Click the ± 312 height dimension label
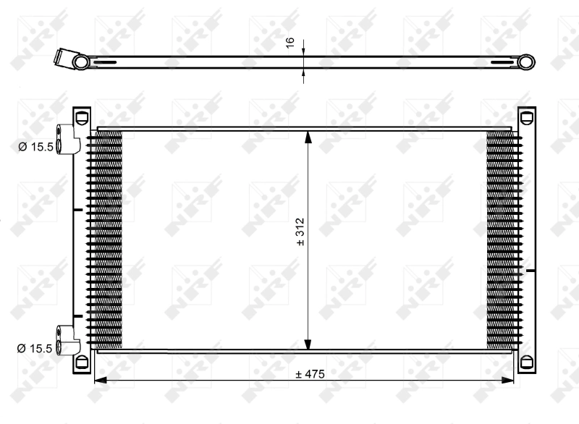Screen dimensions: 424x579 click(x=300, y=232)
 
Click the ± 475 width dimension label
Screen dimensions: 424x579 click(x=310, y=374)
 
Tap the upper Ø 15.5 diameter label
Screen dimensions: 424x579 click(x=35, y=147)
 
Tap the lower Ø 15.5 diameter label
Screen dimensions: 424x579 click(x=35, y=348)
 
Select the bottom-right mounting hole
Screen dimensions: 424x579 click(x=526, y=360)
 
